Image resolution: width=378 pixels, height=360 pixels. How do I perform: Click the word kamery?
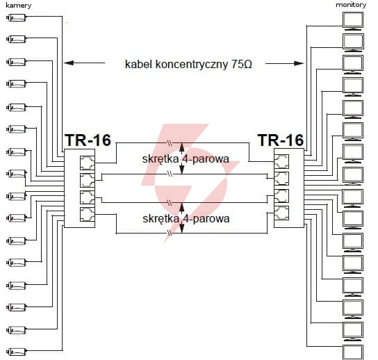point(19,6)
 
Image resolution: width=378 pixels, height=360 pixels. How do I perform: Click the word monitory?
point(351,5)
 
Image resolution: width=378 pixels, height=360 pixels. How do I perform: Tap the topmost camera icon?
point(16,17)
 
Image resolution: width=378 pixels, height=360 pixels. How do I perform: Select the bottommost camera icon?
point(16,352)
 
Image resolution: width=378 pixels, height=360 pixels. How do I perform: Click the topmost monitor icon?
point(353,21)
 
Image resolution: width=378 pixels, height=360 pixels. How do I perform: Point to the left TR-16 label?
point(88,140)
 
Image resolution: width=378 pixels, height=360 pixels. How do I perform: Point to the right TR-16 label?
point(281,140)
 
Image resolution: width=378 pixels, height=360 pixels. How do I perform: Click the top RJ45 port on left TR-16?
point(88,163)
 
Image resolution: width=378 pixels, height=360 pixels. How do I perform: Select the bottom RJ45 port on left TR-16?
point(88,214)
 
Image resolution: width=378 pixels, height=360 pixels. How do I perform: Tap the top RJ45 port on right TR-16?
point(281,161)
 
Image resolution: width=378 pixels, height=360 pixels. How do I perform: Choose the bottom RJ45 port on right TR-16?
point(281,213)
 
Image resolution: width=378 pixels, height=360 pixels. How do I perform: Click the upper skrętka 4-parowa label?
point(186,159)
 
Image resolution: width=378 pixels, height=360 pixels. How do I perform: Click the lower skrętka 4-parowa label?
point(186,219)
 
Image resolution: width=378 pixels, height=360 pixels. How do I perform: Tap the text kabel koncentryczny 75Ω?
point(188,65)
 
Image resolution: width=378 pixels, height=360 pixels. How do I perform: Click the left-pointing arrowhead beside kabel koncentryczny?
point(69,63)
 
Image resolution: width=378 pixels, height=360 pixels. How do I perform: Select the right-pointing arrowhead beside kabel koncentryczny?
point(299,63)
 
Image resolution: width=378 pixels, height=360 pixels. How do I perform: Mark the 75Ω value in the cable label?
point(242,65)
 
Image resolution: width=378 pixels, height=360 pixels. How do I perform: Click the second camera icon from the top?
point(16,39)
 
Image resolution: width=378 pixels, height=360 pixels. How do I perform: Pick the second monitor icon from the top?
point(353,42)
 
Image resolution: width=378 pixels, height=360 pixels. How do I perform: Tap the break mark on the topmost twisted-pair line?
point(170,143)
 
